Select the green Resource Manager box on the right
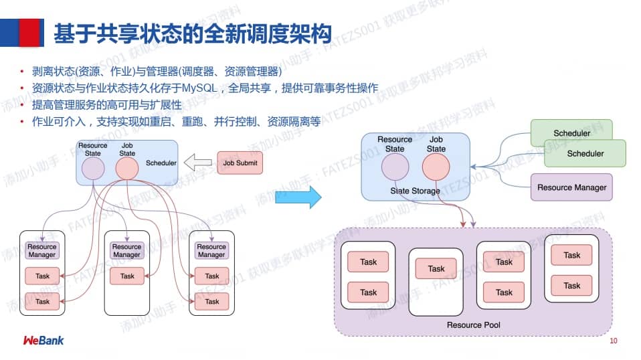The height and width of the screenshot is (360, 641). point(571,187)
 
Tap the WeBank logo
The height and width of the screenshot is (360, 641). point(43,341)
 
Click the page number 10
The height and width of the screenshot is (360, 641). point(613,341)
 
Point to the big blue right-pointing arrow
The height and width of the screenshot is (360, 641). point(298,197)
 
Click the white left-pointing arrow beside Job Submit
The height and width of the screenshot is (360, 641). point(197,163)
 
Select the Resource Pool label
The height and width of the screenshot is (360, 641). point(473,325)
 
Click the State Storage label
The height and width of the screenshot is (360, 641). point(415,191)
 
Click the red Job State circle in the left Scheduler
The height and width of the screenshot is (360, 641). point(126,169)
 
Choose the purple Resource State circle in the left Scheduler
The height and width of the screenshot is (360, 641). point(92,169)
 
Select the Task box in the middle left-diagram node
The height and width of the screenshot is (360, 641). point(127,276)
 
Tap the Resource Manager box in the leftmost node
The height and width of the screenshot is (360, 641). point(42,251)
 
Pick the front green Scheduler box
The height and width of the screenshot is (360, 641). point(585,153)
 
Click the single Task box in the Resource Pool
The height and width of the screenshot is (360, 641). point(436,268)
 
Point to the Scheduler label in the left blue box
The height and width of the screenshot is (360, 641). point(161,163)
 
